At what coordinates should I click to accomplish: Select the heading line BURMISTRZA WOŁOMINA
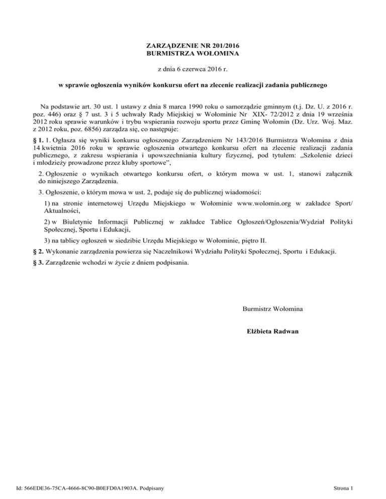tap(192, 53)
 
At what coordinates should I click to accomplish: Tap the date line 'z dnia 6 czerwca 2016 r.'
tap(192, 69)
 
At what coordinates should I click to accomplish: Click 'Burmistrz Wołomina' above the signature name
tap(272, 308)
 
